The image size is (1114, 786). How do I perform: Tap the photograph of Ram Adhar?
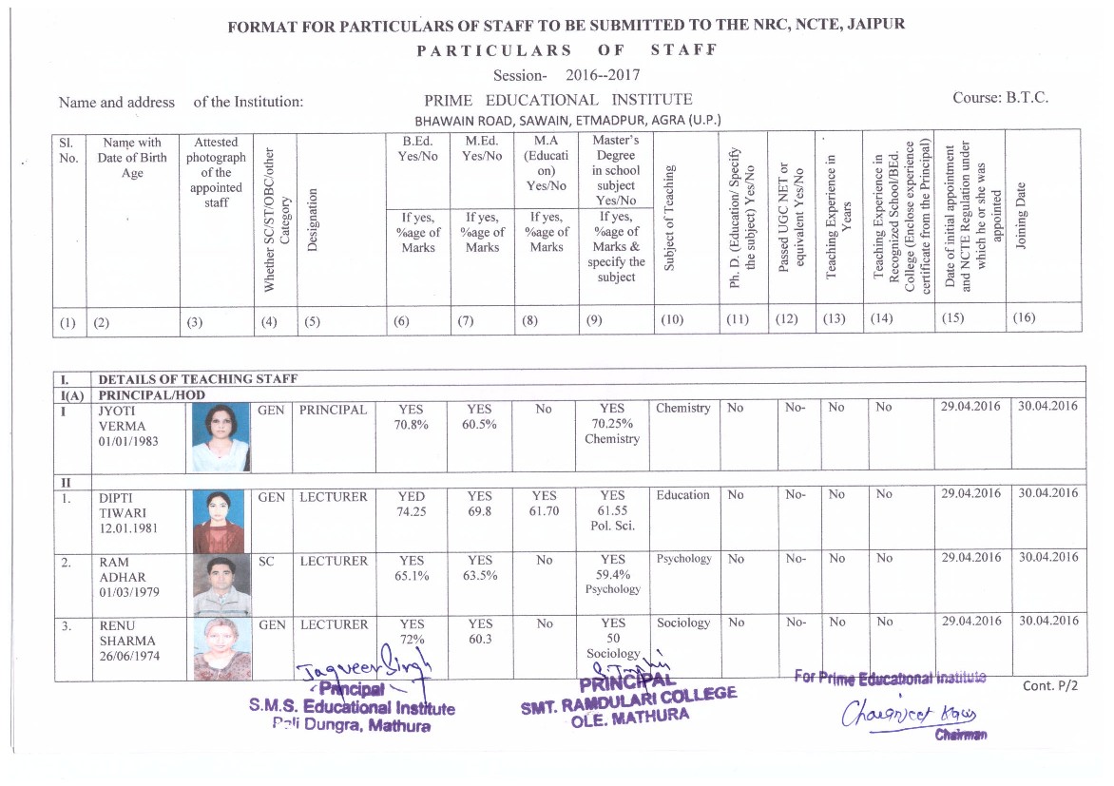pyautogui.click(x=221, y=585)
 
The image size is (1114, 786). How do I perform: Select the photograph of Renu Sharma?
pyautogui.click(x=221, y=648)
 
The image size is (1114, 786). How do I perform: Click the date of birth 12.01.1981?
pyautogui.click(x=127, y=527)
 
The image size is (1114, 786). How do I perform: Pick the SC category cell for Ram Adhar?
pyautogui.click(x=266, y=562)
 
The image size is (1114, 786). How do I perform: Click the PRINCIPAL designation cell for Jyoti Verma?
pyautogui.click(x=333, y=410)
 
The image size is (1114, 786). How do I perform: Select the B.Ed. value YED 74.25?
pyautogui.click(x=412, y=504)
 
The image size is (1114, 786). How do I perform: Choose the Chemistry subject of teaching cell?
pyautogui.click(x=682, y=408)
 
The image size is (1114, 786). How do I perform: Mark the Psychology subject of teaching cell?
pyautogui.click(x=682, y=559)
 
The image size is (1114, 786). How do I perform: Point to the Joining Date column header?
pyautogui.click(x=1021, y=217)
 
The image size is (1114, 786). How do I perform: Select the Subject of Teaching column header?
pyautogui.click(x=670, y=217)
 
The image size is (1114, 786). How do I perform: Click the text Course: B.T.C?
pyautogui.click(x=1000, y=99)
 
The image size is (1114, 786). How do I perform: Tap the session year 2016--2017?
pyautogui.click(x=603, y=75)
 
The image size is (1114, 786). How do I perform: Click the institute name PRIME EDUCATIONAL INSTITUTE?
pyautogui.click(x=558, y=100)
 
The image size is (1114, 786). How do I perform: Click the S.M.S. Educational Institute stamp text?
pyautogui.click(x=352, y=708)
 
